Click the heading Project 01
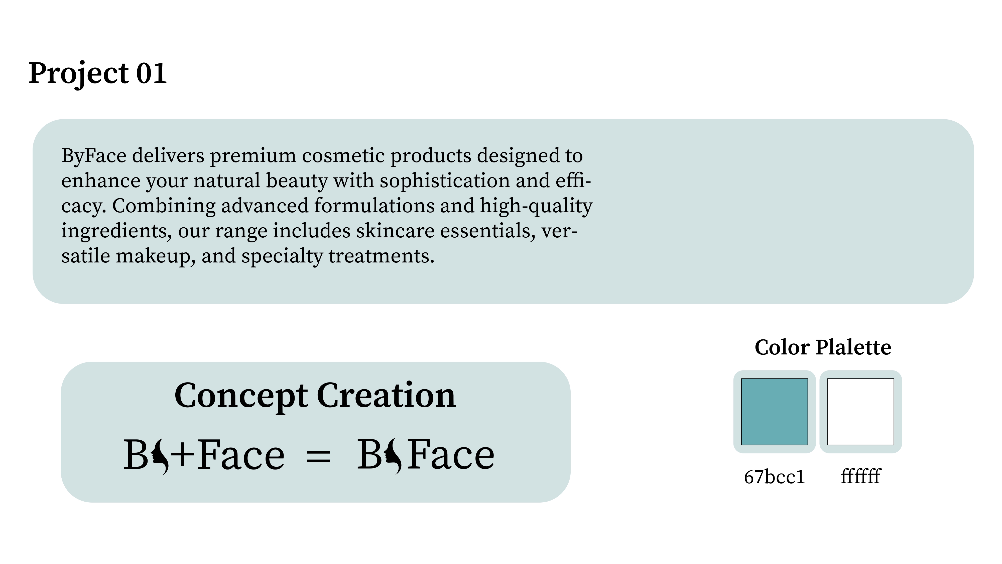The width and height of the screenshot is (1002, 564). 98,73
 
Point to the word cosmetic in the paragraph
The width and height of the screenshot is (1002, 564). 343,156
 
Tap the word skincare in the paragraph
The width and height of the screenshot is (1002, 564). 395,231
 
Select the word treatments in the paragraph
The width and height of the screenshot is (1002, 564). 381,256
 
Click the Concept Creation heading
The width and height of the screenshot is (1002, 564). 315,396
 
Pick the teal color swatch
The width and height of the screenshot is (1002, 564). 775,411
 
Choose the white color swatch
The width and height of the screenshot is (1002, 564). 860,411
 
